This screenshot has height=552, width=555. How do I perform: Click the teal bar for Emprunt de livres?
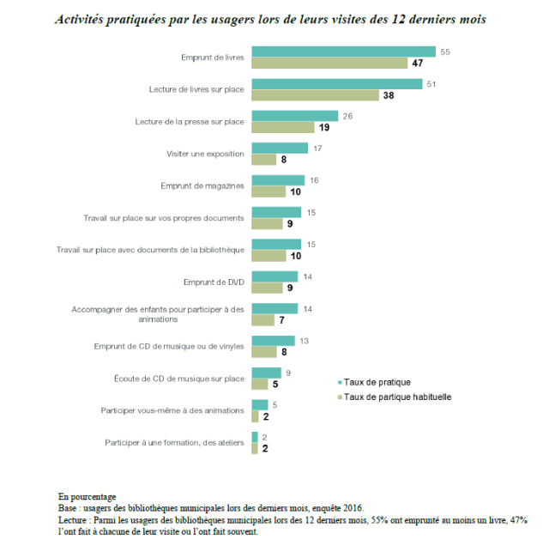pos(343,52)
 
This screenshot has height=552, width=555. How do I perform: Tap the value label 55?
pos(445,52)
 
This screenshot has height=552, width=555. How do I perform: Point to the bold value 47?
pos(418,64)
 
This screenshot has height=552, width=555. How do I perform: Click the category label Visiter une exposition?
pos(205,155)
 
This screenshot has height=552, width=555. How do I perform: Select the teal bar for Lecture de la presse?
pos(294,116)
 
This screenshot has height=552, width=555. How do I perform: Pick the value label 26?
pos(347,116)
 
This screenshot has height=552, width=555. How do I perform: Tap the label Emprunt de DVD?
pos(214,282)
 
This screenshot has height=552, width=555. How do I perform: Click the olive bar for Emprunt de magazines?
pos(268,191)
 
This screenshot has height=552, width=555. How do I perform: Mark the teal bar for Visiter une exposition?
pos(280,148)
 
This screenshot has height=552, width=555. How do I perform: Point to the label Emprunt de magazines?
pos(202,185)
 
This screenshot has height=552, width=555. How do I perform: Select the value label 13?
pos(304,341)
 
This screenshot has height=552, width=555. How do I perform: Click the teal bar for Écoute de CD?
pos(266,373)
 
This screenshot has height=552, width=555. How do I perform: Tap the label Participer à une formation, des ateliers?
pos(175,442)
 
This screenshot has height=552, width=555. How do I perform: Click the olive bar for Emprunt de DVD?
pos(268,288)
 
